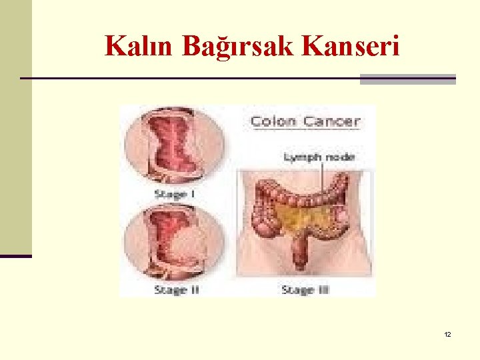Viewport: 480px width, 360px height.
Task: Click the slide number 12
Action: [x=447, y=333]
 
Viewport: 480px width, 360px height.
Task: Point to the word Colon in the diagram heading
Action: [x=273, y=121]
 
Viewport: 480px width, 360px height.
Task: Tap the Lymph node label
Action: [x=320, y=157]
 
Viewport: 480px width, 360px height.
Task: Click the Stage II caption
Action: [x=177, y=289]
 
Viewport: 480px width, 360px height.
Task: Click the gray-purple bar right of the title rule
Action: [x=407, y=79]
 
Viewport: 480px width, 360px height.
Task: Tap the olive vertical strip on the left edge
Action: [x=15, y=127]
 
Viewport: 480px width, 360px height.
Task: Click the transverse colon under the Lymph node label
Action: [x=313, y=196]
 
